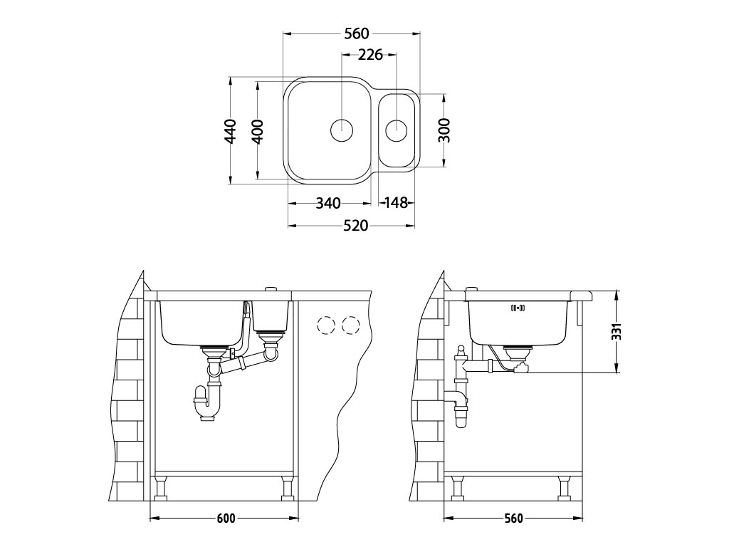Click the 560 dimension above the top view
pyautogui.click(x=357, y=33)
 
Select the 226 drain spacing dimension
pyautogui.click(x=370, y=55)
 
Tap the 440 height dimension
pyautogui.click(x=230, y=131)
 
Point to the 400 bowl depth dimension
pyautogui.click(x=257, y=131)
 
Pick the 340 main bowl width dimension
pyautogui.click(x=328, y=203)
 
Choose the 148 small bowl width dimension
pyautogui.click(x=396, y=203)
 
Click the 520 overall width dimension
pyautogui.click(x=356, y=226)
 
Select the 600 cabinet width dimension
pyautogui.click(x=226, y=519)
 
